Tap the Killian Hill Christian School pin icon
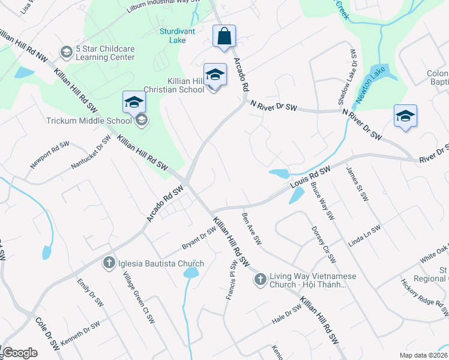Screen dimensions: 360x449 coord(215,74)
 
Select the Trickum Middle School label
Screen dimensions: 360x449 coord(89,121)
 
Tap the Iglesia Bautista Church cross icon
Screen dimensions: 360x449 coord(109,263)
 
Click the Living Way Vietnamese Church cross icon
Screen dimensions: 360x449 coord(260,279)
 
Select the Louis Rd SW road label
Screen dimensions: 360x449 coord(310,178)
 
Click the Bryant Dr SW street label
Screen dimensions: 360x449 coord(199,239)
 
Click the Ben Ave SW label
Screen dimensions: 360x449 coord(252,228)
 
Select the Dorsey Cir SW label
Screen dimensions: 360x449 coord(323,244)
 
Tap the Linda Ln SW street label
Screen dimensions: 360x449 coord(364,236)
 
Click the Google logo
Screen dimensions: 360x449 coord(20,353)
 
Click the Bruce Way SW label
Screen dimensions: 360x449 coord(322,201)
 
